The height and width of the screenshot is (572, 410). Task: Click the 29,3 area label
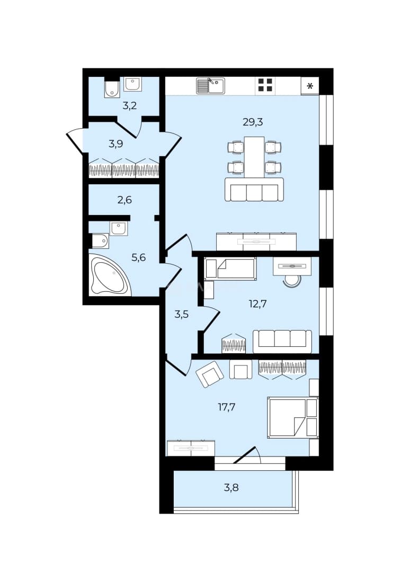coord(253,122)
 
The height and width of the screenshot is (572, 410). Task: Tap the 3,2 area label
coord(129,106)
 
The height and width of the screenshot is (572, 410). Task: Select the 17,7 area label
coord(227,407)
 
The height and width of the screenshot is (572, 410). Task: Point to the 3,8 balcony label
coord(231,487)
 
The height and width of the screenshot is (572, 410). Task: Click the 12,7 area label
coord(257,303)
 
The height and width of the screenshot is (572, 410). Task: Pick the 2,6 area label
coord(124,200)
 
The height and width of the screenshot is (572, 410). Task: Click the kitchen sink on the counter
coord(210,86)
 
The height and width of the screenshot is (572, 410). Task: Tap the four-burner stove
coord(265,86)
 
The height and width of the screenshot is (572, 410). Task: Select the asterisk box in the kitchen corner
coord(310,86)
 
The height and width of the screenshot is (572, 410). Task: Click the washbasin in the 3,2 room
coord(133,84)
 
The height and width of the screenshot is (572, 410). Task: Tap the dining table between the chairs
coord(254,157)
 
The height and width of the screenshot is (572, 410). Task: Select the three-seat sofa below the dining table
coord(254,189)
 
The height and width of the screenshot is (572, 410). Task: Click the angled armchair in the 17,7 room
coord(209,374)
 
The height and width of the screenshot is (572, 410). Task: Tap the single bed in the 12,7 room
coord(230,269)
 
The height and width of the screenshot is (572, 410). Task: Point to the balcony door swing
coord(247,454)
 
